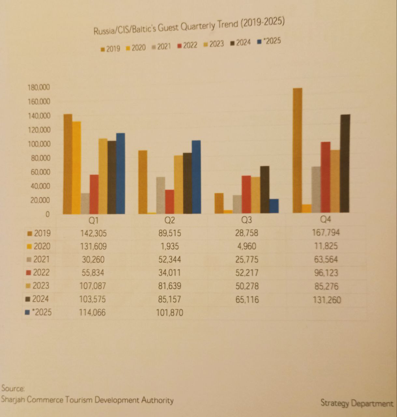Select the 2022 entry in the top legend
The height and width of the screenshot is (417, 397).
click(x=188, y=45)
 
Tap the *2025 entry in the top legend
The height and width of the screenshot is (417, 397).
click(x=269, y=41)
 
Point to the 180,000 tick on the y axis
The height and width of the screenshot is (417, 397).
click(x=39, y=87)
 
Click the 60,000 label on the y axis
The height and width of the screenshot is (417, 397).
click(x=40, y=172)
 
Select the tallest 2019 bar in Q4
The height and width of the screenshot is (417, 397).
click(x=297, y=150)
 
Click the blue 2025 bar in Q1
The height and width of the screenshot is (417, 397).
click(x=120, y=173)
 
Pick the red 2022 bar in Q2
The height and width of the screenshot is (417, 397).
click(x=169, y=202)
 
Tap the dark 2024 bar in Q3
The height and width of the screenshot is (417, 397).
click(x=264, y=190)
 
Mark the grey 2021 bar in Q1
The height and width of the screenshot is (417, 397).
click(x=85, y=203)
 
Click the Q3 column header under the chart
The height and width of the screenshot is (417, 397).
click(x=246, y=220)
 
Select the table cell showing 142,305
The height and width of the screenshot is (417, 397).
click(x=93, y=233)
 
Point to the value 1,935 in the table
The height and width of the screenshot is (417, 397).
click(x=170, y=247)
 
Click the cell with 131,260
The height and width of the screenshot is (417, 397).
click(x=327, y=300)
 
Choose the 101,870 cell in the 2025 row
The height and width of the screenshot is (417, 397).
click(x=170, y=313)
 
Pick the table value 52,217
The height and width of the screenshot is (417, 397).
click(x=247, y=273)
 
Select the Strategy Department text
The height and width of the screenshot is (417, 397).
click(x=357, y=403)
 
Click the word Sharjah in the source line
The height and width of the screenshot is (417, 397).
click(x=13, y=399)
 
